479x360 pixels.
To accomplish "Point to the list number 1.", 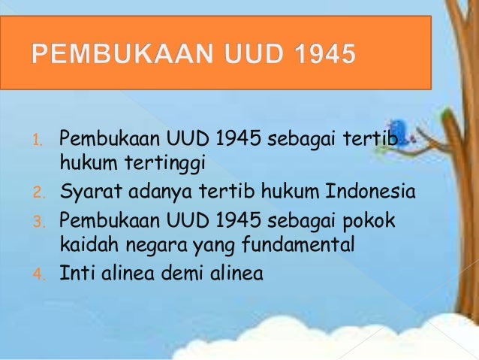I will [x=44, y=140].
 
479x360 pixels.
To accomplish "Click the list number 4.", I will [x=44, y=274].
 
